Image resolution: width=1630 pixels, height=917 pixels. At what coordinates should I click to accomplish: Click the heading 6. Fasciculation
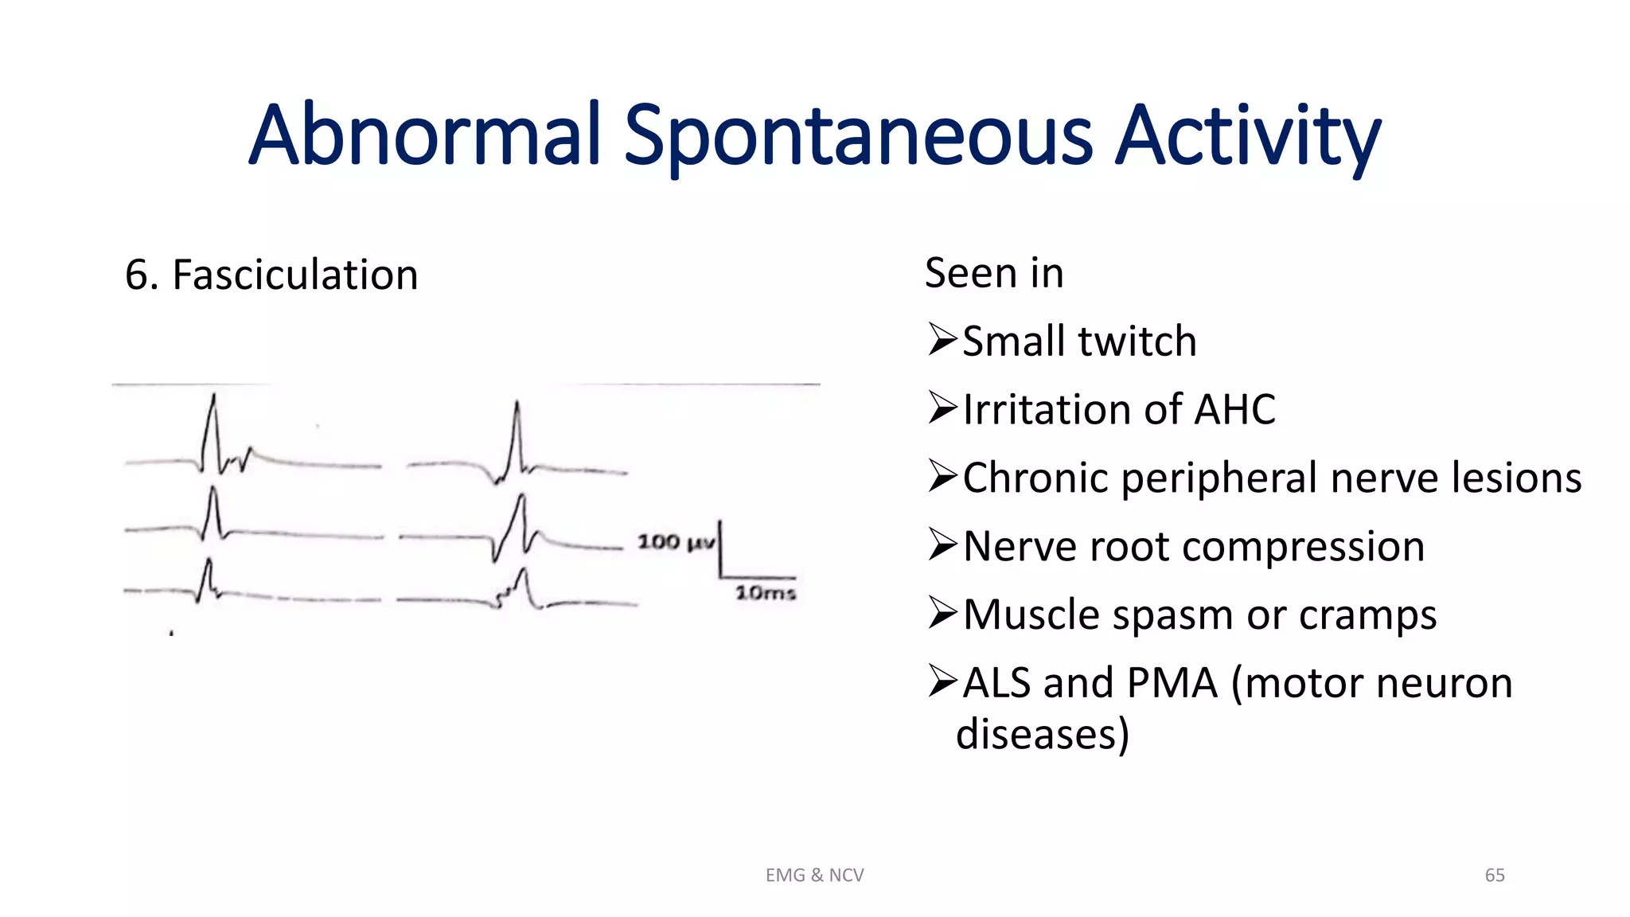(x=271, y=275)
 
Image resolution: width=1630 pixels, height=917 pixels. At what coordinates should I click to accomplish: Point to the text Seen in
(x=993, y=274)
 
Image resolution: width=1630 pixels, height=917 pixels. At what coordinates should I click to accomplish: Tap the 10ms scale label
(x=765, y=593)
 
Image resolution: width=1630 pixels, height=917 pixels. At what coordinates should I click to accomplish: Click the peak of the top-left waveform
(x=213, y=396)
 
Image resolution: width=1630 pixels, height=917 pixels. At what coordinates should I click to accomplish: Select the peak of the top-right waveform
(x=517, y=404)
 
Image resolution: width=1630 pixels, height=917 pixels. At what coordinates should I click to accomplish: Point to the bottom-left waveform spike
(x=209, y=562)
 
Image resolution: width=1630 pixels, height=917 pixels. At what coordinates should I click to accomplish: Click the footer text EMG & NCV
(x=814, y=876)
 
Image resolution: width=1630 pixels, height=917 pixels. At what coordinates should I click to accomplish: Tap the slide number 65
(x=1494, y=876)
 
